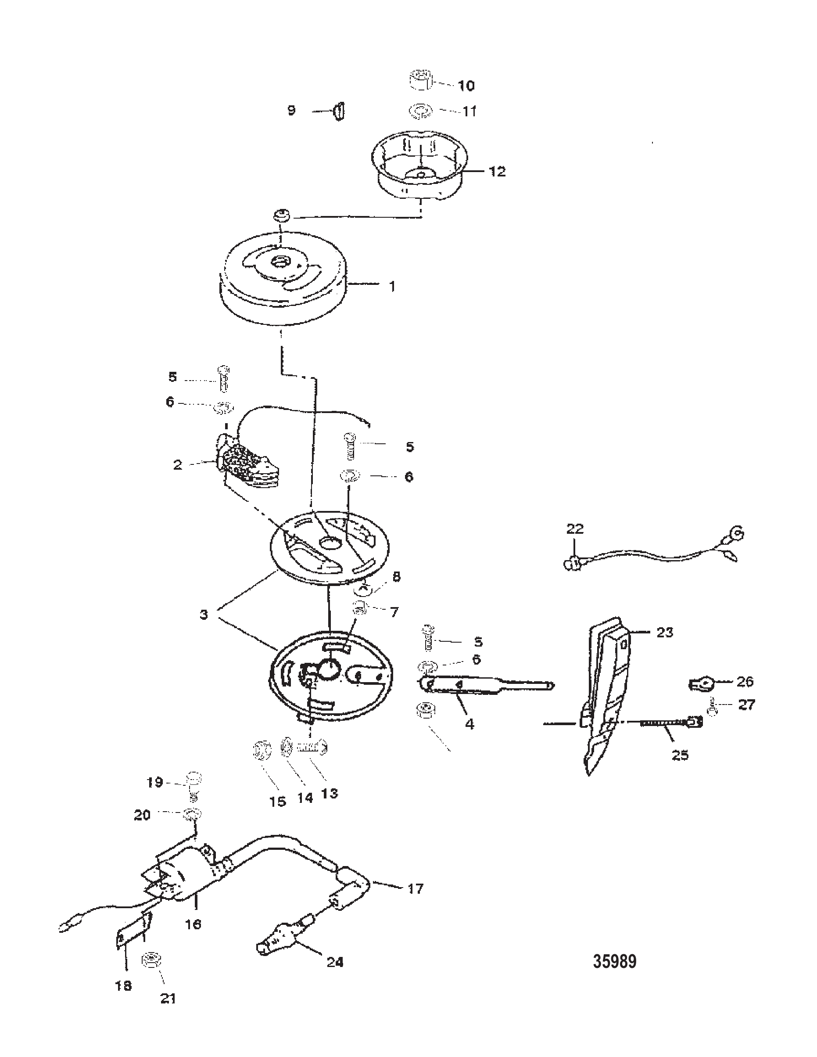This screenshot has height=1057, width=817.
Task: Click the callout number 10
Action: pos(466,86)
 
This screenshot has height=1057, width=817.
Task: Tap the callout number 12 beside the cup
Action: pos(497,171)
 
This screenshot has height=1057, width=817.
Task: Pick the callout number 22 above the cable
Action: pos(575,528)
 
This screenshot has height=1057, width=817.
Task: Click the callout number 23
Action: pos(665,632)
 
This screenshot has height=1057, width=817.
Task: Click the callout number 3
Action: pos(204,615)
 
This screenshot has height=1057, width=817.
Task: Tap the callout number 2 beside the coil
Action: pos(178,464)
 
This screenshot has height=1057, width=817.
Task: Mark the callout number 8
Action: pos(396,576)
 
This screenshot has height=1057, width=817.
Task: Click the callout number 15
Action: pos(278,802)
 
